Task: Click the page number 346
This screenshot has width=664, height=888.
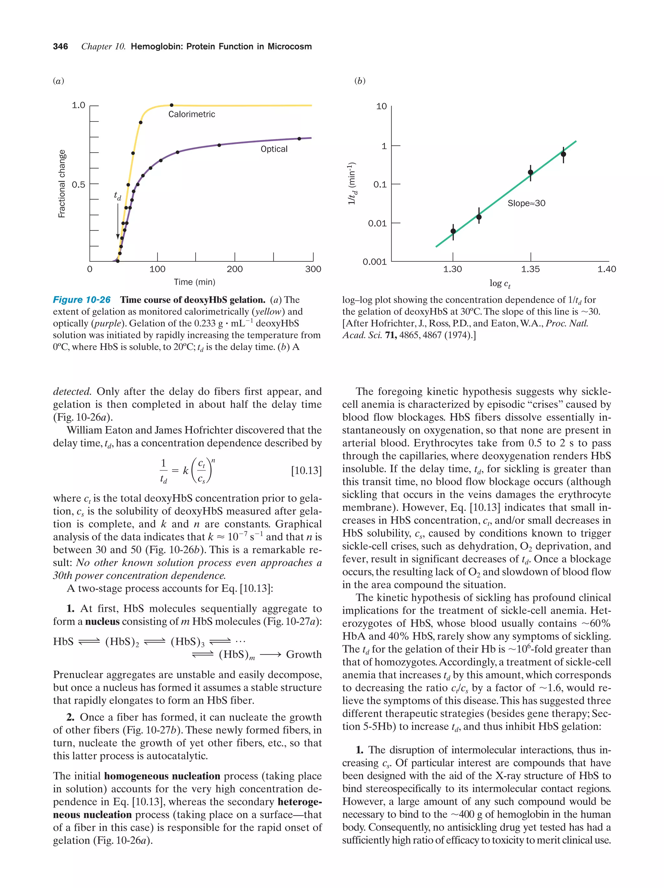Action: (60, 47)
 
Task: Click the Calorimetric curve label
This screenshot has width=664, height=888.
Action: (191, 114)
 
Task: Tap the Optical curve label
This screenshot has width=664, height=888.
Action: (274, 149)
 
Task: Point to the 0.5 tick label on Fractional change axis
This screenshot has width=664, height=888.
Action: (78, 185)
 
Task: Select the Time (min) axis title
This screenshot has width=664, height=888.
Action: (195, 282)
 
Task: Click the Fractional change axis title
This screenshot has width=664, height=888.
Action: (62, 184)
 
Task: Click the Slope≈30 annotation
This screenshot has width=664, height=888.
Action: (526, 203)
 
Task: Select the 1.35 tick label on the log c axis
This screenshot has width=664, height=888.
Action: (530, 269)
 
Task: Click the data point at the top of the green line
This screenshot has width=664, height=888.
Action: (563, 155)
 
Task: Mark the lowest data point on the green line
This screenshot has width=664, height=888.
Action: (453, 231)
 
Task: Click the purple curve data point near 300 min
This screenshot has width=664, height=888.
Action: (299, 139)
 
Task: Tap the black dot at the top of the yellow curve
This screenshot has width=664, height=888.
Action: (172, 105)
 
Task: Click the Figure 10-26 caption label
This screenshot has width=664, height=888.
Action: (82, 300)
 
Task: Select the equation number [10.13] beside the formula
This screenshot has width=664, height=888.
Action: (306, 470)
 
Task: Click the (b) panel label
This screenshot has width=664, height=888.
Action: (360, 81)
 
